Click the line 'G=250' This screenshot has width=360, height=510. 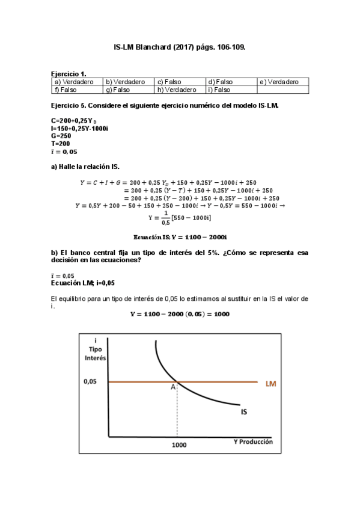61,136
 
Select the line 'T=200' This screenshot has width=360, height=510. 61,144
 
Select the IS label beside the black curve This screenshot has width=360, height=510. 245,413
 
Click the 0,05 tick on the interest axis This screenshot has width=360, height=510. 91,381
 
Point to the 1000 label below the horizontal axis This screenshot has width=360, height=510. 178,445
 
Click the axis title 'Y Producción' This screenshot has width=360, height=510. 253,441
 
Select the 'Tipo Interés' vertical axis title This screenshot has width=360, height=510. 96,353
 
